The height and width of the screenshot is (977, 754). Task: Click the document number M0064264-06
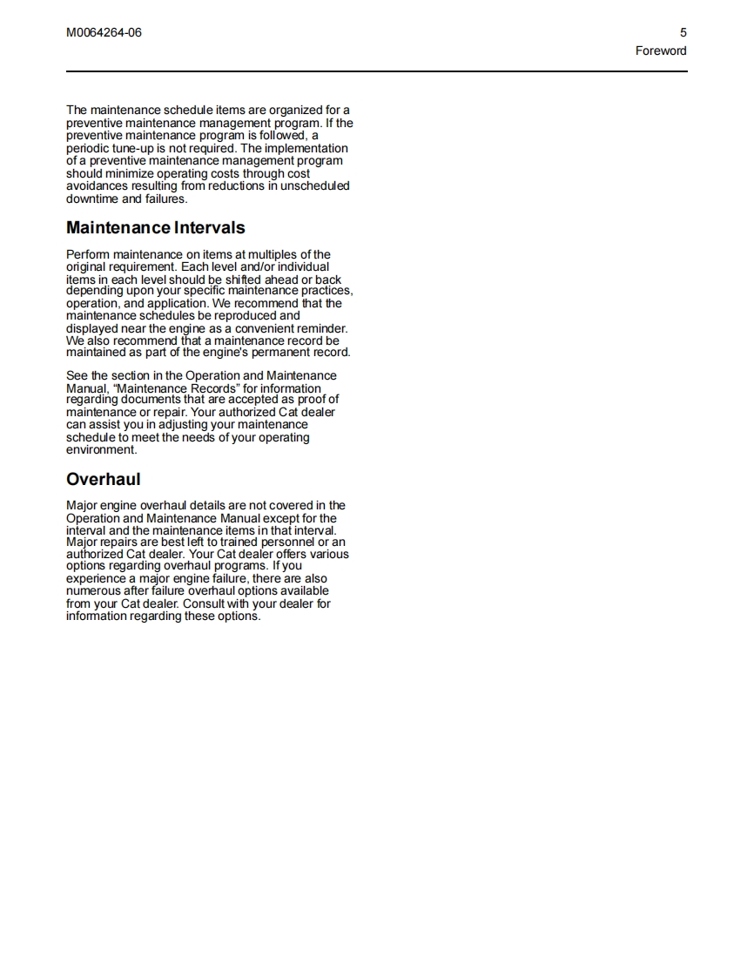(104, 33)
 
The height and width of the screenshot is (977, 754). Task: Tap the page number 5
(683, 33)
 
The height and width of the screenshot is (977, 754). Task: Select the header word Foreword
(661, 51)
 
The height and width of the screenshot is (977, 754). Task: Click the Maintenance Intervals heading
(156, 228)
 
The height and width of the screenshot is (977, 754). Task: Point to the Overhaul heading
(103, 480)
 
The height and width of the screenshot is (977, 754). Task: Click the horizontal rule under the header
(377, 71)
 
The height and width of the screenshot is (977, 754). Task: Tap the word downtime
(93, 199)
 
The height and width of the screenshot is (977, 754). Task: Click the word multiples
(269, 254)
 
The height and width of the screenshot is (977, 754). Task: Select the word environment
(101, 450)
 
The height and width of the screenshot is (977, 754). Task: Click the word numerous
(94, 591)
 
